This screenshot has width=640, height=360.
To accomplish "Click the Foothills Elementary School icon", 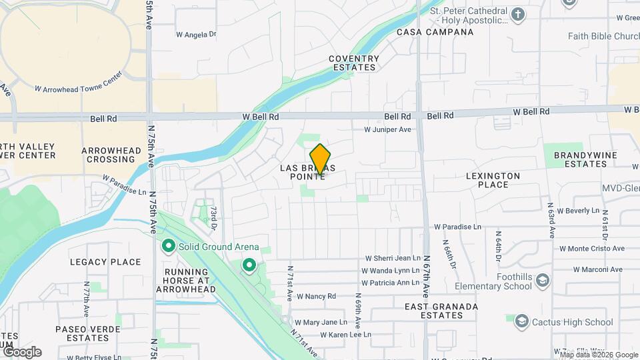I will (x=542, y=279).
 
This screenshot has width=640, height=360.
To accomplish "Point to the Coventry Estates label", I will (x=354, y=63).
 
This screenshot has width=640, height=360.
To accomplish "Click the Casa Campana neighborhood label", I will (x=426, y=31).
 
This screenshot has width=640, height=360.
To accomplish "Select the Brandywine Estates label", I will (x=581, y=159).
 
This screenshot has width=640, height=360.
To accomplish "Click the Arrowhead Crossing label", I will (x=112, y=155).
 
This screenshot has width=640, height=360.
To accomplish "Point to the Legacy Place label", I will (x=105, y=262).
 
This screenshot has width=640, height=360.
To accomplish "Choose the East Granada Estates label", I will (x=441, y=311).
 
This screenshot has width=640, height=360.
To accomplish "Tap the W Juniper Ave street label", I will (x=387, y=130).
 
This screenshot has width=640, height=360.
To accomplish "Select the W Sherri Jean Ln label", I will (x=393, y=259).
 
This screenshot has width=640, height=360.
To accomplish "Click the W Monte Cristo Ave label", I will (x=592, y=249).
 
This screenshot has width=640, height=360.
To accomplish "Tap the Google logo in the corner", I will (x=21, y=352).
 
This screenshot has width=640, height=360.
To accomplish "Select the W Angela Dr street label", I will (x=196, y=34).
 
